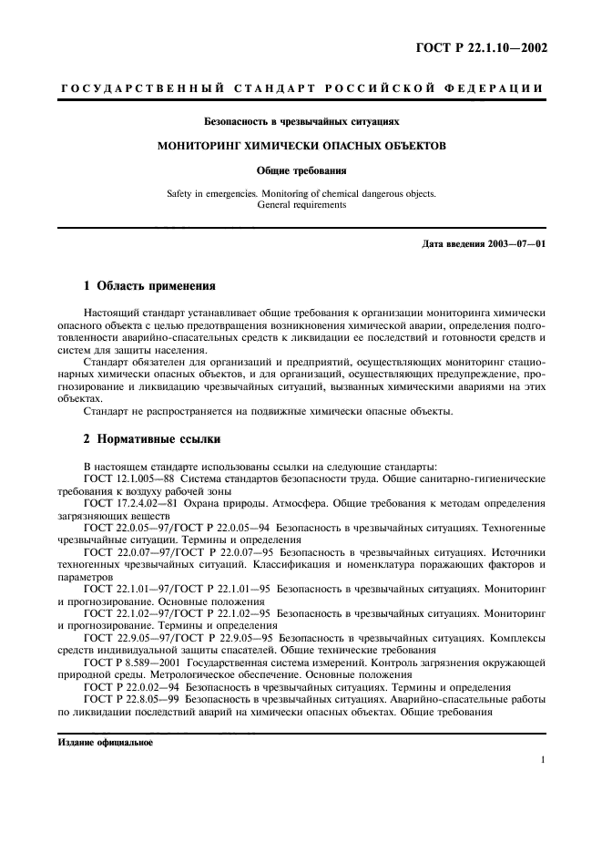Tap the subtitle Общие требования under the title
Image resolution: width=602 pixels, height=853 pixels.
click(301, 170)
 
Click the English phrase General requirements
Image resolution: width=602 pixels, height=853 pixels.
click(301, 205)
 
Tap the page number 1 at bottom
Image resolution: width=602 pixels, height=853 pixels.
click(543, 759)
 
